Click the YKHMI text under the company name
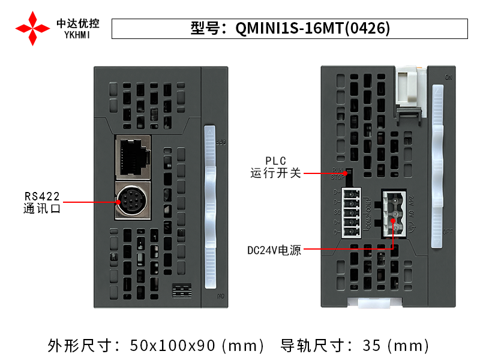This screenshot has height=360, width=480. coord(78,35)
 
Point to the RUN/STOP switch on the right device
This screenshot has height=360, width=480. coord(349,174)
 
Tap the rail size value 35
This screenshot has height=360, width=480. coord(371,346)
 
